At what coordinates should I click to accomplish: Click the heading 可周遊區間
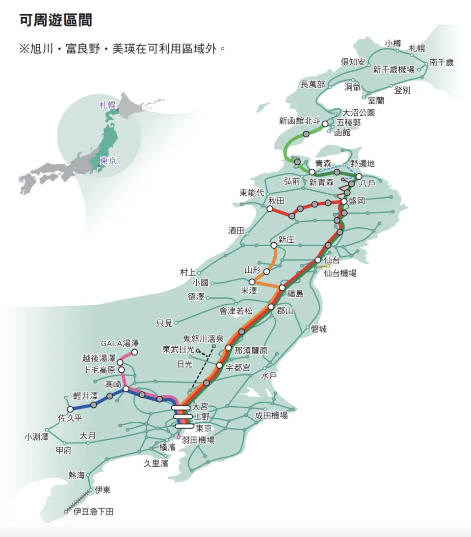click(56, 21)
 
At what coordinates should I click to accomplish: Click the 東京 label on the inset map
click(108, 160)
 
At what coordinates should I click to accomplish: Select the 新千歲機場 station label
click(393, 69)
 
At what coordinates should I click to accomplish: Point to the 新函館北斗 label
click(299, 121)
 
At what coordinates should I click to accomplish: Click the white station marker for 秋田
click(270, 209)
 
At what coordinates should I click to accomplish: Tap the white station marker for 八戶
click(359, 177)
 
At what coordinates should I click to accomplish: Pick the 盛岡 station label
click(358, 202)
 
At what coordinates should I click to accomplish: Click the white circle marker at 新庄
click(273, 245)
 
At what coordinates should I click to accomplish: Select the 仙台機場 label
click(340, 273)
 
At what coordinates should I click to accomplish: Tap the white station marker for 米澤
click(252, 282)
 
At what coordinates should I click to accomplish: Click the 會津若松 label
click(236, 310)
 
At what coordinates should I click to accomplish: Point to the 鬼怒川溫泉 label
click(203, 339)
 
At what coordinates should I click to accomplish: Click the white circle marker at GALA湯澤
click(134, 352)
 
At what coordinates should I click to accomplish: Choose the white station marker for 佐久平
click(70, 409)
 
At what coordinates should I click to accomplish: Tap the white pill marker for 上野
click(183, 417)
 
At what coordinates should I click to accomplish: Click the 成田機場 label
click(271, 415)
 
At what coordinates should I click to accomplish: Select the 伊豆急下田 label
click(93, 512)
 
